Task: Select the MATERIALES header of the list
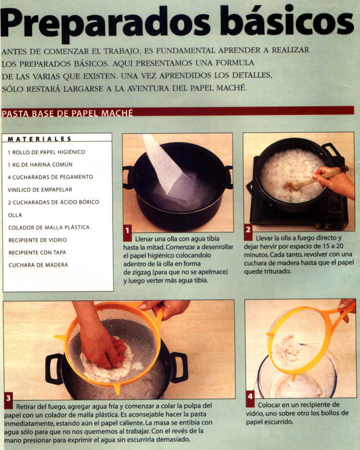[40, 139]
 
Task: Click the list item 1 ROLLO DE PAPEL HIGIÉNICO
[47, 152]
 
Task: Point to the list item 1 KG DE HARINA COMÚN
[40, 164]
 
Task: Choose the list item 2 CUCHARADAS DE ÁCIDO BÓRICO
[53, 202]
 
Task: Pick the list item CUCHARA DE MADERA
[38, 265]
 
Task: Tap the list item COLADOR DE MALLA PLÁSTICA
[49, 228]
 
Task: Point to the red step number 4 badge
[250, 399]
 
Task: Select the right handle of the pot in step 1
[229, 177]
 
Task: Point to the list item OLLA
[15, 215]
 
